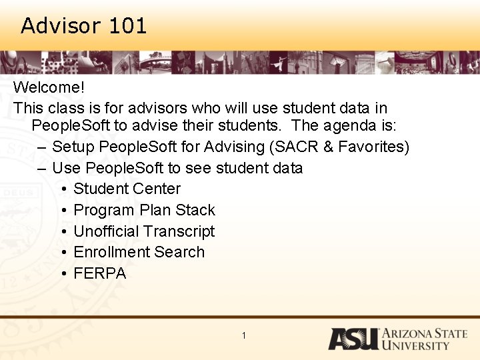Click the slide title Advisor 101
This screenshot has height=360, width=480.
click(x=83, y=26)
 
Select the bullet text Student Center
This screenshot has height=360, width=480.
click(x=127, y=189)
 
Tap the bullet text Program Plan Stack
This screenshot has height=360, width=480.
click(x=144, y=210)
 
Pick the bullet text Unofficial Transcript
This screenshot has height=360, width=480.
click(x=144, y=231)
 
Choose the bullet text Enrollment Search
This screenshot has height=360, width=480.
click(x=139, y=252)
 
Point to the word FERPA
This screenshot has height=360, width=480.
click(x=99, y=273)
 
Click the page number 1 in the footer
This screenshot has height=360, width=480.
click(x=244, y=335)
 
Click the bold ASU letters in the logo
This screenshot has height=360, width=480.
click(x=353, y=339)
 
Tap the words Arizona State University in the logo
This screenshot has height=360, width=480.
click(x=424, y=339)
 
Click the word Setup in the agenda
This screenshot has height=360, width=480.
click(x=73, y=147)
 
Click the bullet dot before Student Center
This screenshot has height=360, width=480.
click(x=62, y=189)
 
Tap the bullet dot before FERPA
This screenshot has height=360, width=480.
click(x=62, y=274)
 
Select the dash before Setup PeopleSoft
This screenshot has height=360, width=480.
click(x=42, y=147)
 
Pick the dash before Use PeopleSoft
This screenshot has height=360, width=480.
click(x=42, y=168)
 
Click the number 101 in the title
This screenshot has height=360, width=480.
click(x=127, y=26)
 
